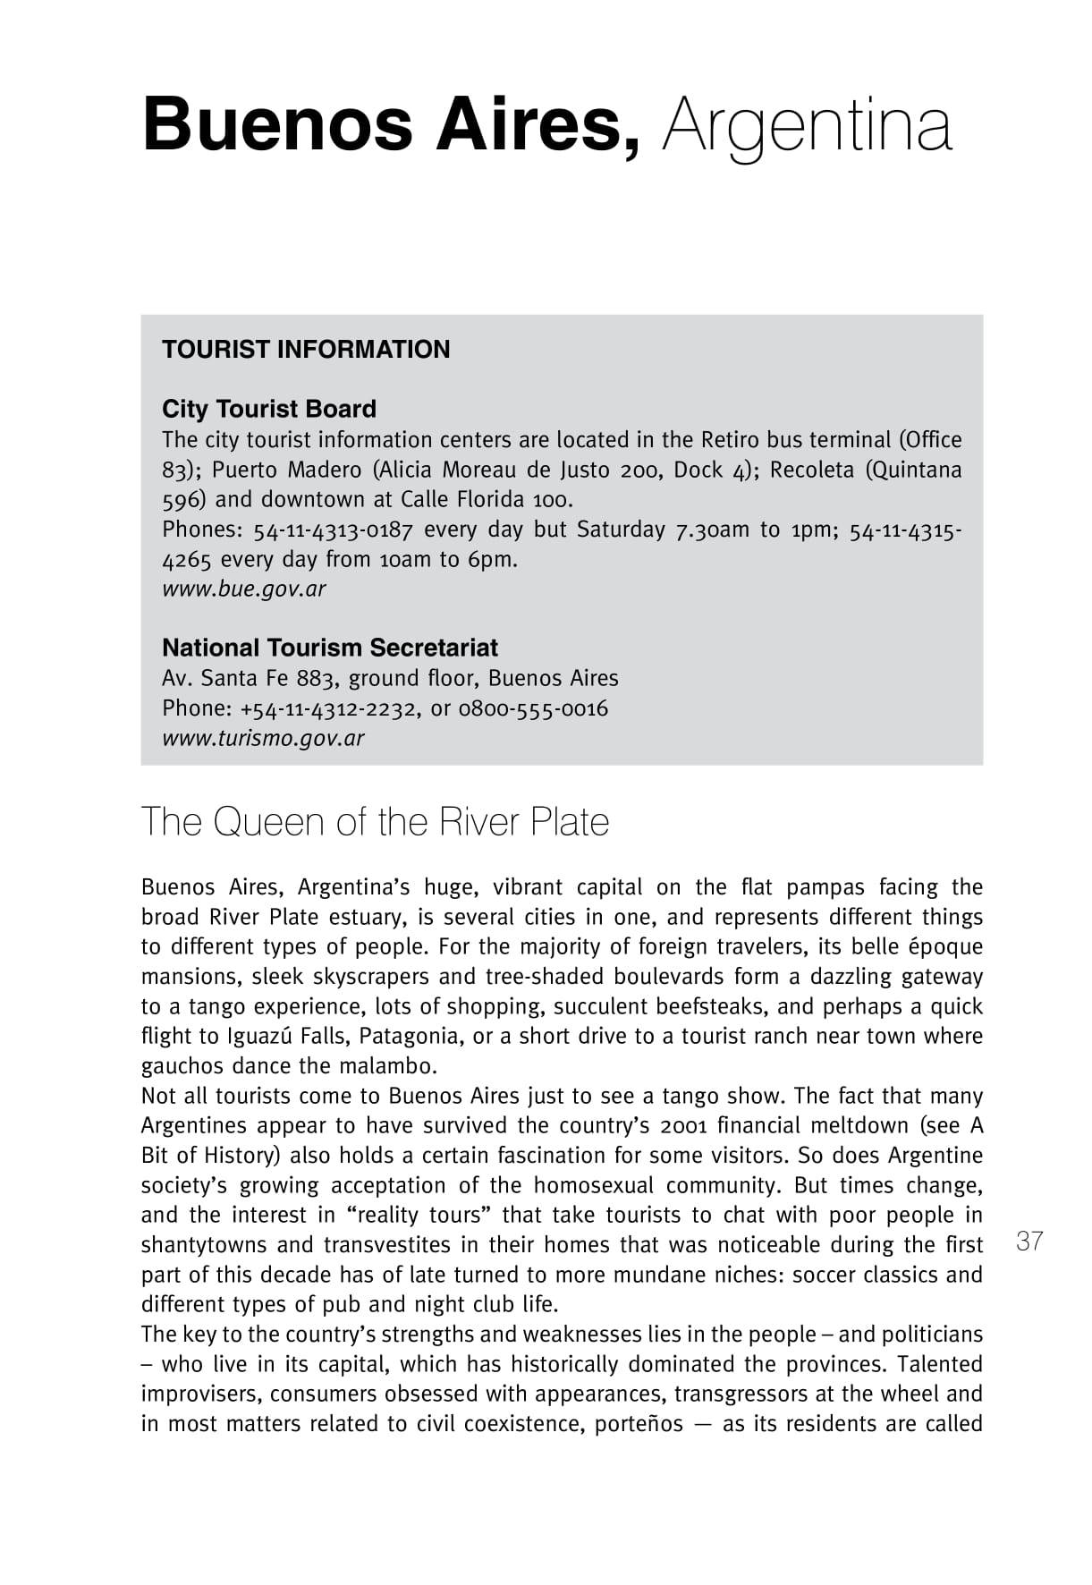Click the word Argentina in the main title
coord(807,126)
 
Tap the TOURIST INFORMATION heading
coord(306,350)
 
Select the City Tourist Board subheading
coord(269,409)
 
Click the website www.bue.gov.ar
coord(243,589)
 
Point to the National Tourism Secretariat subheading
coord(330,648)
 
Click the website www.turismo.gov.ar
coord(263,739)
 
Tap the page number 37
coord(1029,1242)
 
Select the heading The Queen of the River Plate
coord(375,822)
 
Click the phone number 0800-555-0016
coord(533,708)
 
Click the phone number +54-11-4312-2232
coord(328,708)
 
